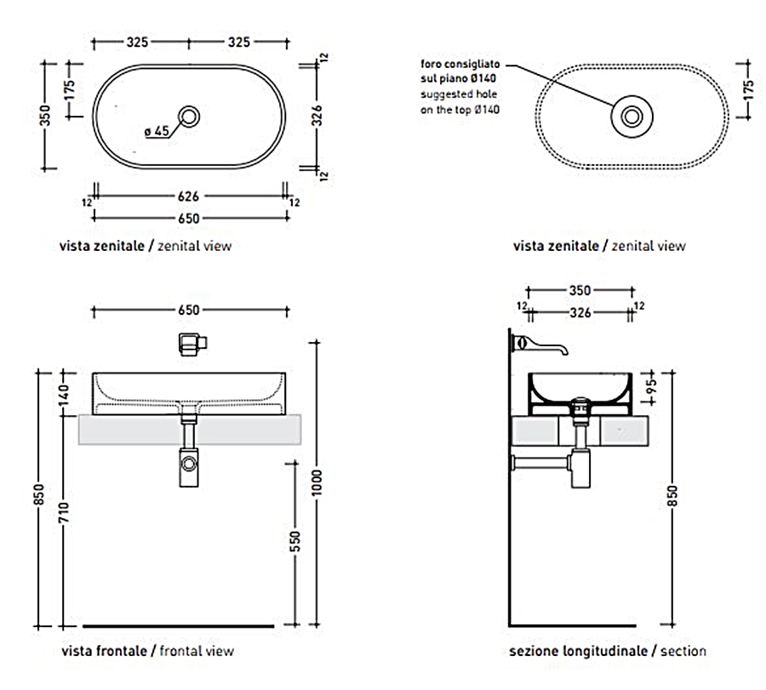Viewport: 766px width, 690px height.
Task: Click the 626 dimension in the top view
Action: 189,196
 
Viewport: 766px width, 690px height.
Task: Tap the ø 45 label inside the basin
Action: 158,131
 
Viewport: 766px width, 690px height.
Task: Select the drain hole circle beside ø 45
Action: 190,114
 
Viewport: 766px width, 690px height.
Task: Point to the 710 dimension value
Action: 64,515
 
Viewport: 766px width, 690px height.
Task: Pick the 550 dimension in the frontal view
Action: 295,542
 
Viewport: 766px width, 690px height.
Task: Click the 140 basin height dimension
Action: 64,395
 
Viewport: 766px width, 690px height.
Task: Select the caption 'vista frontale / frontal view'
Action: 146,652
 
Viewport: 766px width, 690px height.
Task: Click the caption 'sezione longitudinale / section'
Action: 608,652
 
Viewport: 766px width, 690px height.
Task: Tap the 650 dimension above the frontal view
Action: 189,311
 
